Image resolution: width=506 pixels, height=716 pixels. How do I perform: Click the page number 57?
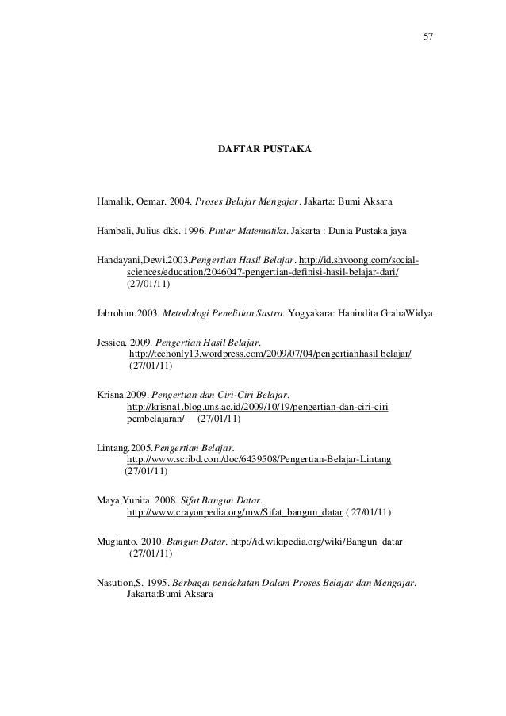(x=429, y=37)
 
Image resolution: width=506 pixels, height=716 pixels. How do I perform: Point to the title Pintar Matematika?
(x=247, y=230)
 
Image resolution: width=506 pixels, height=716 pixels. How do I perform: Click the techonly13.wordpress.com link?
(x=270, y=352)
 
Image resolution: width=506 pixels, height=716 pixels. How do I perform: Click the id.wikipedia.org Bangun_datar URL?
(x=318, y=541)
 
